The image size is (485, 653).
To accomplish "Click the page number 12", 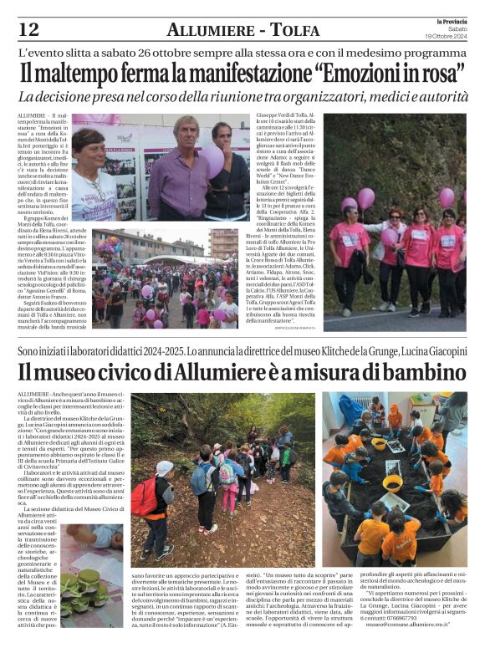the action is (x=28, y=29).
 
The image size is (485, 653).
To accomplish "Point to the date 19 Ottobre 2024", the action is (x=452, y=37).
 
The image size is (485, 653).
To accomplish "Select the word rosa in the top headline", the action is (x=444, y=74).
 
